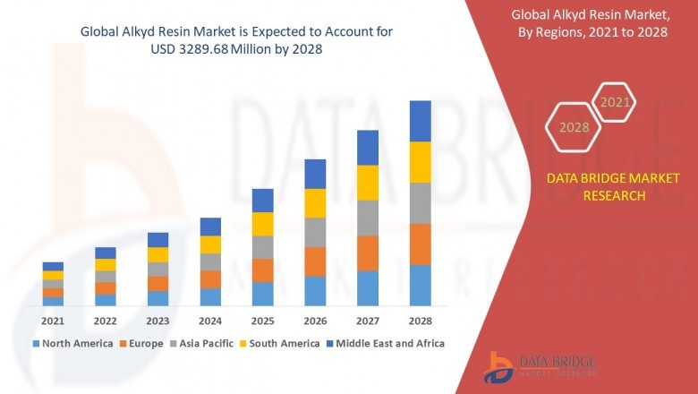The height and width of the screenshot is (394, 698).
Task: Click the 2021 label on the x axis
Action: coord(53,321)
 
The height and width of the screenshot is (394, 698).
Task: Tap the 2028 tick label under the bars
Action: coord(420,321)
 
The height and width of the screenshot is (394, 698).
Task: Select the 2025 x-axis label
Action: coord(262,321)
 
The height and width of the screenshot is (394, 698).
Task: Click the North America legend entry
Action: coord(72,343)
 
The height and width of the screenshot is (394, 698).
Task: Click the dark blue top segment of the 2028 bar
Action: coord(420,121)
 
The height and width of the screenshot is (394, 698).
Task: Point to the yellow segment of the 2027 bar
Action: coord(368,183)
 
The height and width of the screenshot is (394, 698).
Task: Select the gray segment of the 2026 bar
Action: coord(315,232)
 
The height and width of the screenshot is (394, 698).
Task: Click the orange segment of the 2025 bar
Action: coord(262,270)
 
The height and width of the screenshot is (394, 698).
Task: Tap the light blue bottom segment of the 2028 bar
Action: coord(420,285)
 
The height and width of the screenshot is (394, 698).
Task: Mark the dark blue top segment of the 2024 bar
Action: coord(210,227)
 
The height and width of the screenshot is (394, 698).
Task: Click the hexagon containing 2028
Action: coord(574,127)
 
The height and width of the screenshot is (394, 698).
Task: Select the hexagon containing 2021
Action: coord(615,103)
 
